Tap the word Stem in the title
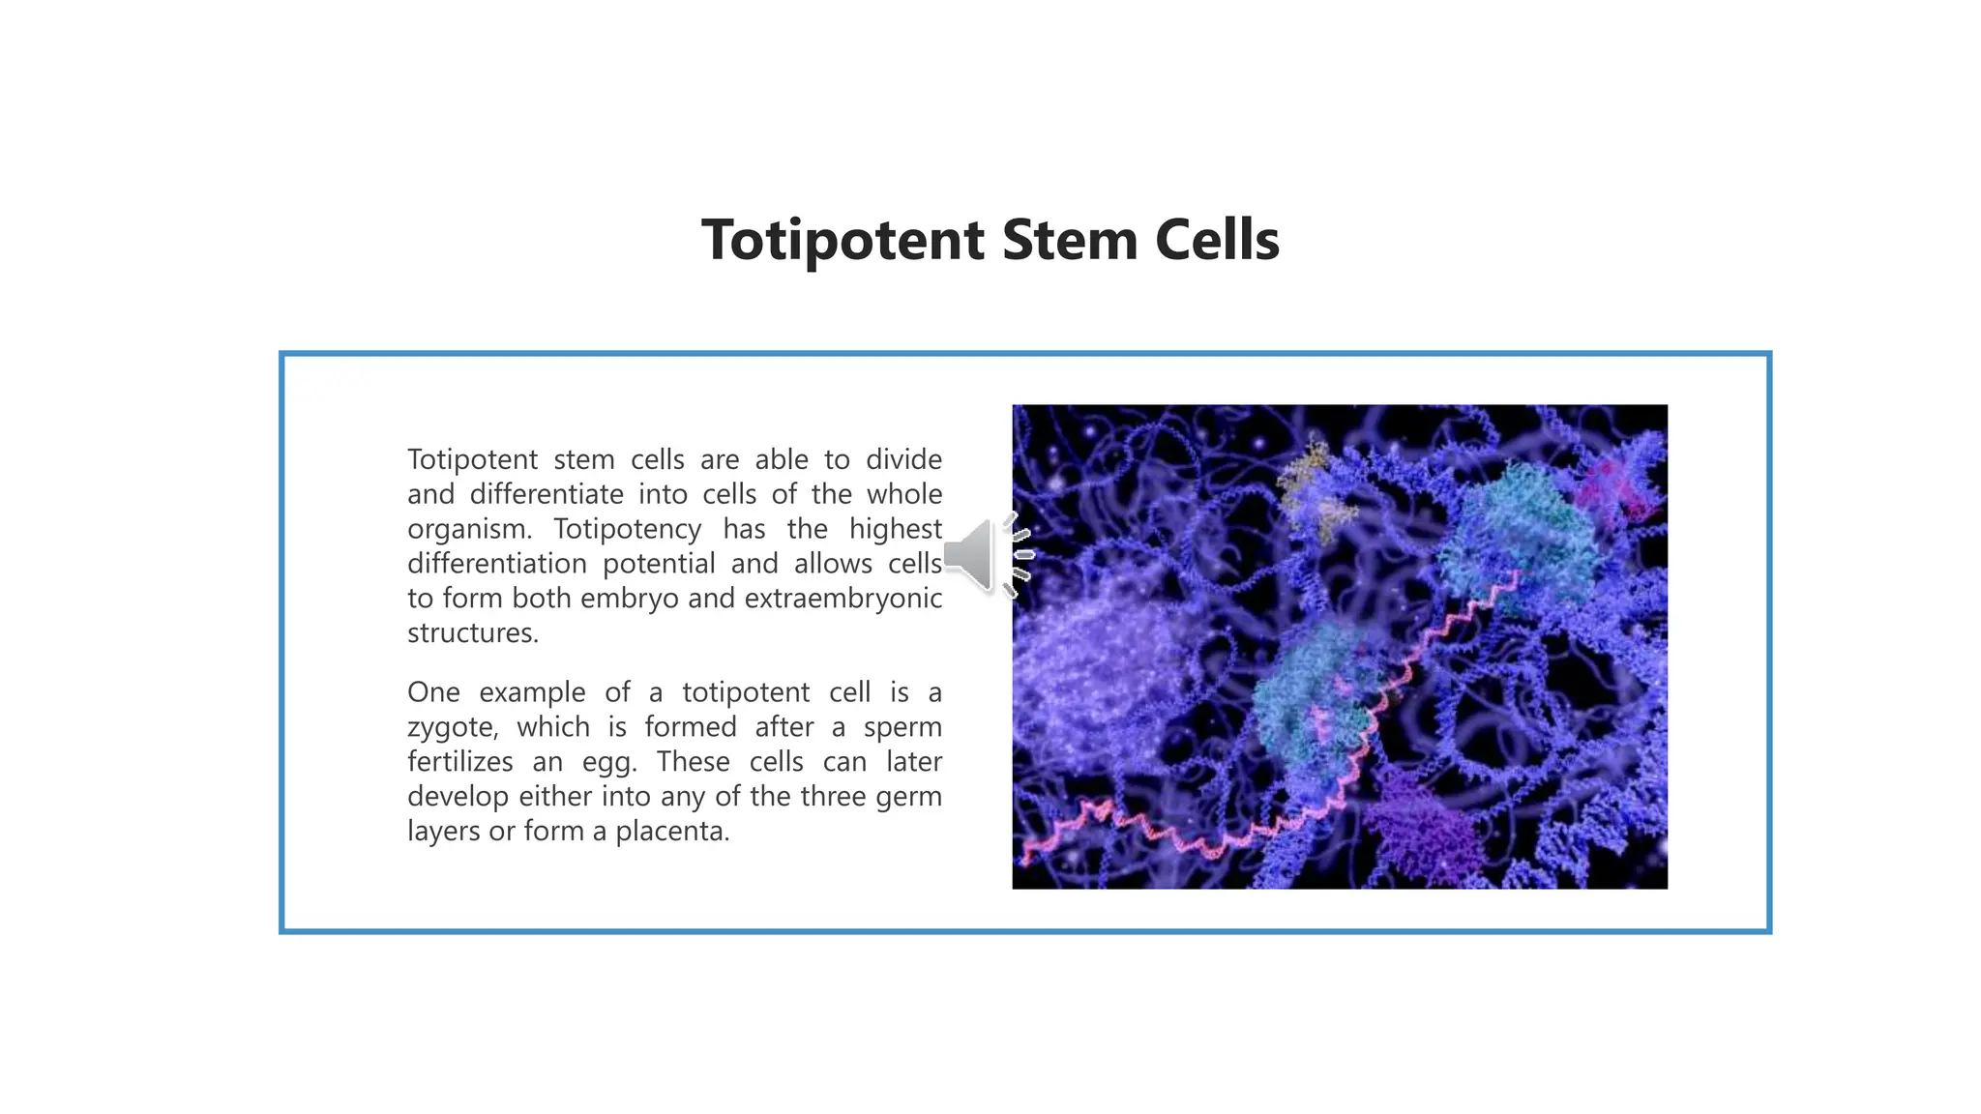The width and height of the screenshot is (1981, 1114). tap(1070, 240)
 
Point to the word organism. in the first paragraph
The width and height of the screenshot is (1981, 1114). tap(469, 530)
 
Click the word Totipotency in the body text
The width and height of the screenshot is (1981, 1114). tap(627, 529)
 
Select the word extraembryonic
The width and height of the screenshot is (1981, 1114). tap(843, 599)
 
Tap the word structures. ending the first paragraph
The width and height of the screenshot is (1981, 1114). tap(472, 633)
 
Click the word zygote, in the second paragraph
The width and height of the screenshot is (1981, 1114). tap(452, 727)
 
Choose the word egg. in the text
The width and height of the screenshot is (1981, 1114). tap(608, 762)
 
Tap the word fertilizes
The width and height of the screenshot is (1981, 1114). tap(459, 762)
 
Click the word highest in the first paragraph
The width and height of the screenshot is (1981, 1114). tap(895, 529)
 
